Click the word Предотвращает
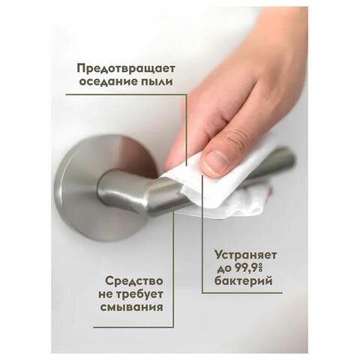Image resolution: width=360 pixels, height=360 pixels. tap(126, 69)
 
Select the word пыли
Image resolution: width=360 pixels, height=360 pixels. tap(154, 82)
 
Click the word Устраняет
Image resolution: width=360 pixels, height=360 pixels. tap(245, 256)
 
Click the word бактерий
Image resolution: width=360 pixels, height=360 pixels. tap(243, 281)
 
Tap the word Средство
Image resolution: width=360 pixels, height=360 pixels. tap(134, 281)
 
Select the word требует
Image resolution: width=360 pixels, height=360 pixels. tap(140, 295)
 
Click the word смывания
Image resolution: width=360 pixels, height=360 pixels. tap(132, 307)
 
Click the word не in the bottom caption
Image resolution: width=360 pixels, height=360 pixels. tap(106, 295)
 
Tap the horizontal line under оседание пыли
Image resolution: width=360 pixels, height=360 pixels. tap(126, 94)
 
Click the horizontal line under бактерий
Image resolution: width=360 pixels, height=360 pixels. tap(242, 292)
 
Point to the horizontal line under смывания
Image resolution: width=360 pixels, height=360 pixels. tap(133, 327)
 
